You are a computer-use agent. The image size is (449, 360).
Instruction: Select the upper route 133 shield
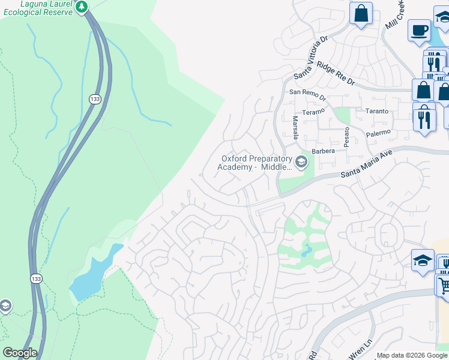(x=94, y=99)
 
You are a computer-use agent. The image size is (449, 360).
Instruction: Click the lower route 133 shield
(x=36, y=279)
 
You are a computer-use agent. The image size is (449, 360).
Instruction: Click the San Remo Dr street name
(x=307, y=92)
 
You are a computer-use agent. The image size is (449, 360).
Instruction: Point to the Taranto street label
(x=377, y=112)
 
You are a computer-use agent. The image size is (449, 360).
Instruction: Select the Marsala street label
(x=295, y=127)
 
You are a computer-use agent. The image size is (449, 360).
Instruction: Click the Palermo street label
(x=378, y=132)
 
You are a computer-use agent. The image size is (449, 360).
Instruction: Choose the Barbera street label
(x=322, y=151)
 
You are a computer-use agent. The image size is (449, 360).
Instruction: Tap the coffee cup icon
(x=418, y=29)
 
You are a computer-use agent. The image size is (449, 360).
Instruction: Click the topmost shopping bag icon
(x=361, y=13)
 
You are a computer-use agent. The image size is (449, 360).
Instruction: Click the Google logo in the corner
(x=20, y=353)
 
